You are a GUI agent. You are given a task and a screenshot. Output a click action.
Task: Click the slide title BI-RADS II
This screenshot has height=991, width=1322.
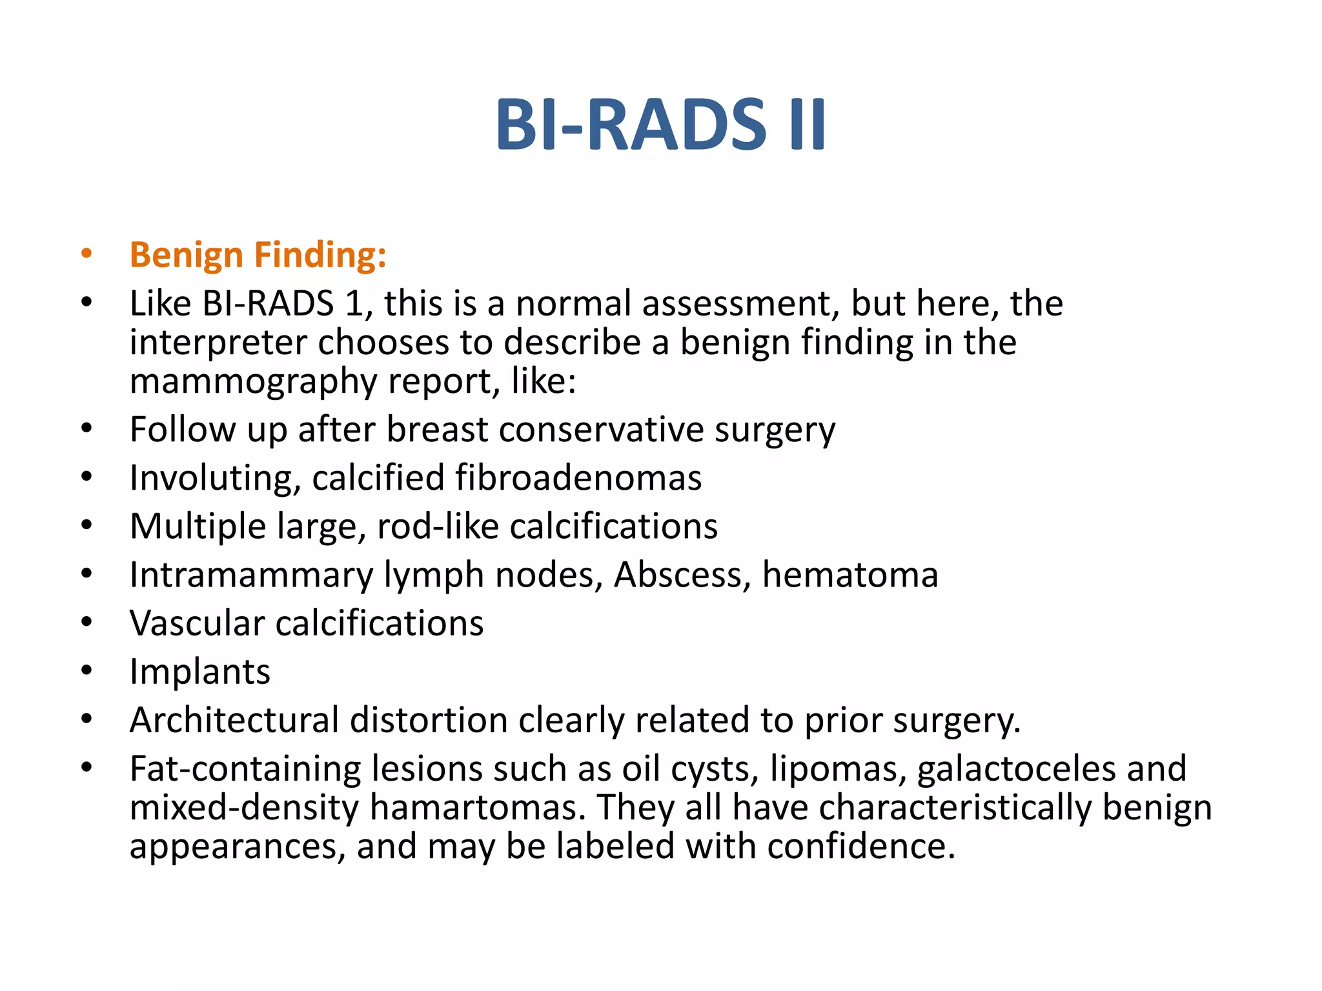click(x=660, y=125)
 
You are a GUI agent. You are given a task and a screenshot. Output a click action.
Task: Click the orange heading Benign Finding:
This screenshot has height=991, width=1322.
click(x=258, y=255)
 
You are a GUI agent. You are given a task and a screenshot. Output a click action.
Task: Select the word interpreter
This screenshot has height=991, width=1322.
click(x=218, y=343)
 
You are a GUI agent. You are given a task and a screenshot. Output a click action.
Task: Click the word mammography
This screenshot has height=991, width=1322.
click(x=252, y=381)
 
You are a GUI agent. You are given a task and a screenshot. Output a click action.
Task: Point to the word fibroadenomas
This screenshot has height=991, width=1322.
click(x=578, y=478)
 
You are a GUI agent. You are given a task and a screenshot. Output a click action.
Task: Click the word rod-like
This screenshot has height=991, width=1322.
click(x=438, y=526)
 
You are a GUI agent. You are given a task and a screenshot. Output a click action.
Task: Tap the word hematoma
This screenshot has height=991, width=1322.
click(x=849, y=575)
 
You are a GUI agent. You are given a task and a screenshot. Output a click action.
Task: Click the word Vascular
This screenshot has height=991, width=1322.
click(x=197, y=623)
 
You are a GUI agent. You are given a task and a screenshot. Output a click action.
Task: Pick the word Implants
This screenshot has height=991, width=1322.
click(x=199, y=672)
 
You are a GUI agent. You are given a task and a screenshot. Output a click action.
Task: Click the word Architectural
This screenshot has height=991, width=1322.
click(x=234, y=720)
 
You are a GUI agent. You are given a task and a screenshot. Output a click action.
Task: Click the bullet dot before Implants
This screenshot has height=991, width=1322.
click(x=86, y=671)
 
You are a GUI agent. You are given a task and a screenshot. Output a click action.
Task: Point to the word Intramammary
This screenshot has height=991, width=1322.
click(x=251, y=575)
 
